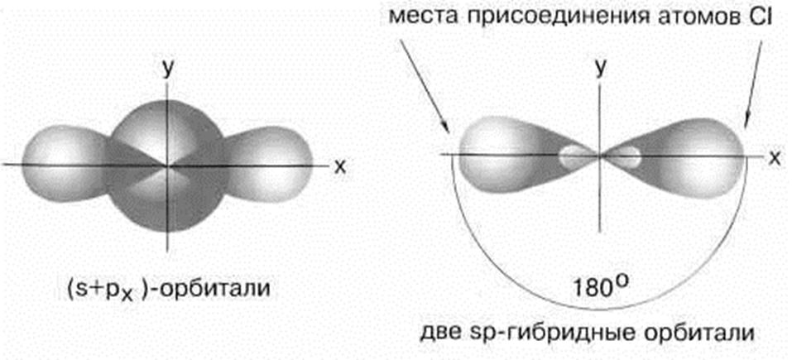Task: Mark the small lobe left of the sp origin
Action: pyautogui.click(x=573, y=155)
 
